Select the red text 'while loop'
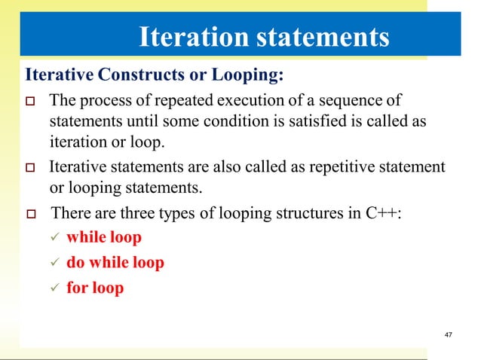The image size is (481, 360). coord(104,238)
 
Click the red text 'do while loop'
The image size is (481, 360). coord(115,263)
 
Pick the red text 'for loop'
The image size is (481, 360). coord(95,288)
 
